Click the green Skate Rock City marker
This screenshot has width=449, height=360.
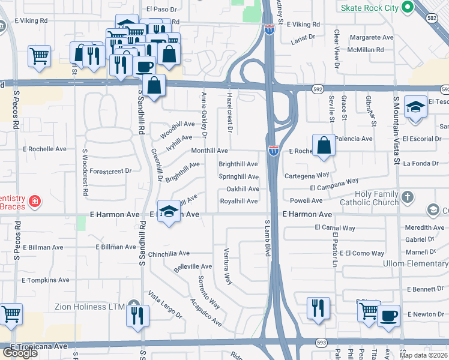408,8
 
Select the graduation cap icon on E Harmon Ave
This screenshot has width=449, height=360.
169,211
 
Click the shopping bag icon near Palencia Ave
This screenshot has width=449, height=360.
324,145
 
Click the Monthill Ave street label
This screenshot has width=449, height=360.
209,151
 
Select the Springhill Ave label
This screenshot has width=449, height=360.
238,177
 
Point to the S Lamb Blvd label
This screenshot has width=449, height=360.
268,239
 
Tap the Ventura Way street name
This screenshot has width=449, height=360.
228,266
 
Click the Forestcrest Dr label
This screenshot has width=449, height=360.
112,171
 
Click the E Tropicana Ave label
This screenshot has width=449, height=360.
37,346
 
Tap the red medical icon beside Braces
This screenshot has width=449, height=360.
35,200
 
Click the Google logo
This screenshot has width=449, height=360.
20,353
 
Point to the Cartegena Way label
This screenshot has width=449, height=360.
306,175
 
